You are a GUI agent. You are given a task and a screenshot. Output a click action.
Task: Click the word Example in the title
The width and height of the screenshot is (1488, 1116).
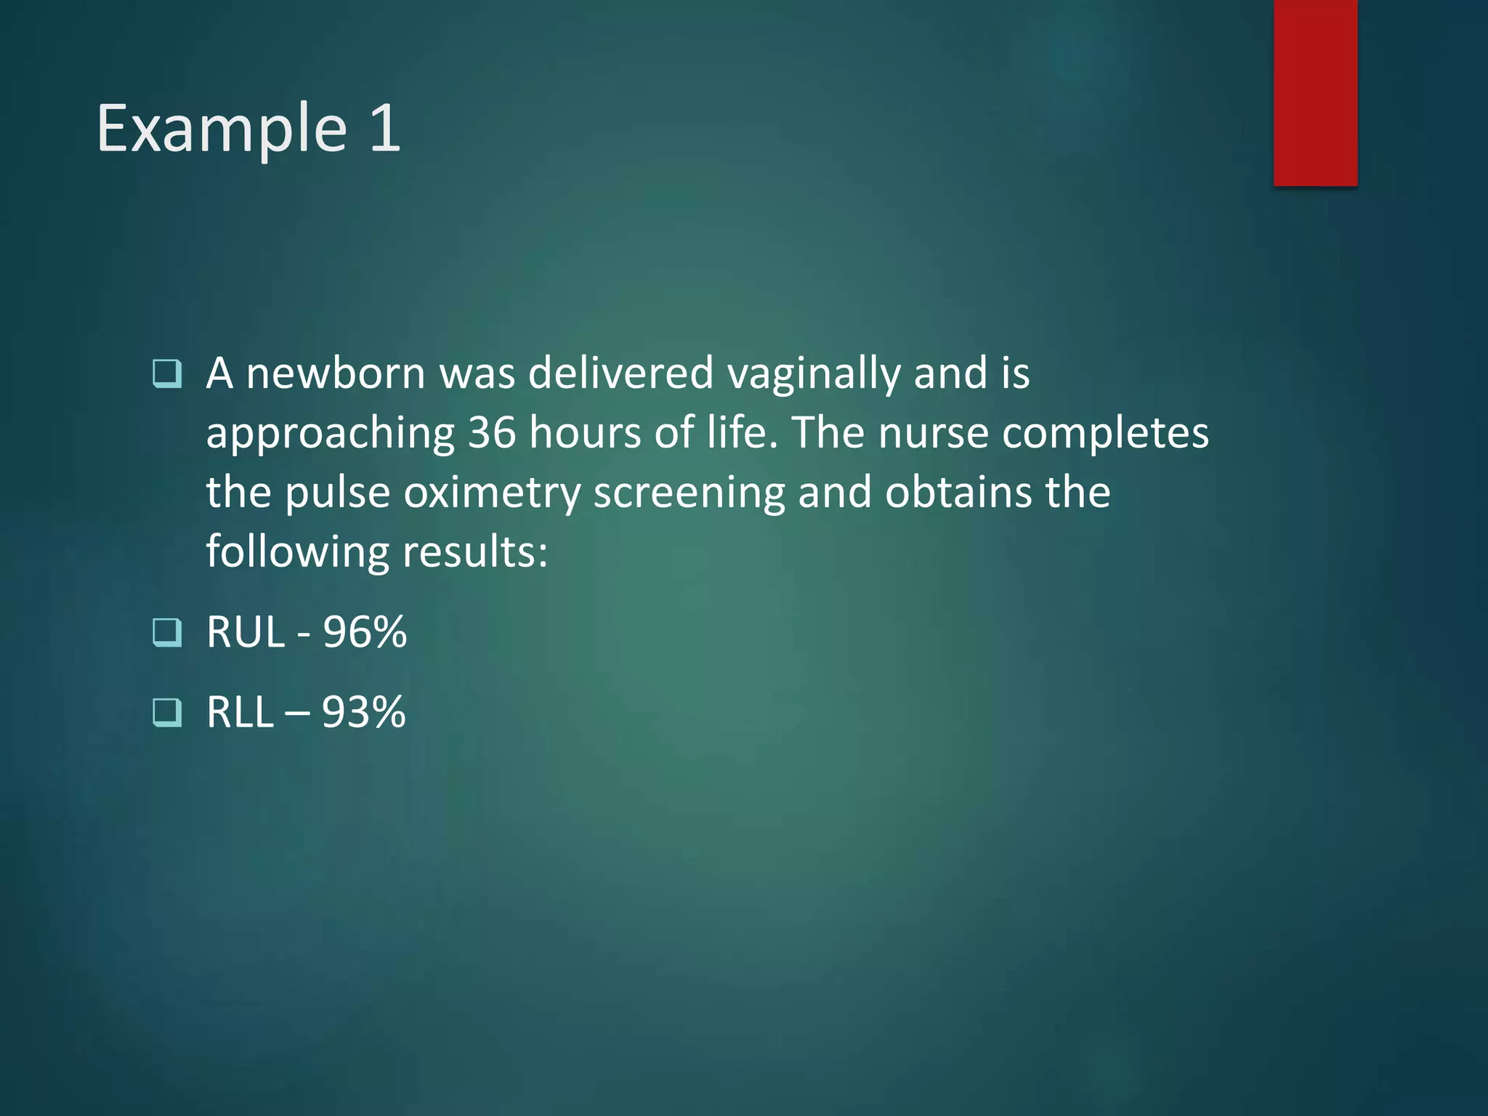click(222, 129)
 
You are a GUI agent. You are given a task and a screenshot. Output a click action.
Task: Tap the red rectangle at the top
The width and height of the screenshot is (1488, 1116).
click(1315, 92)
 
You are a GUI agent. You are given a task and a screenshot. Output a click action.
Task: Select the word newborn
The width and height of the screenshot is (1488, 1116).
click(335, 373)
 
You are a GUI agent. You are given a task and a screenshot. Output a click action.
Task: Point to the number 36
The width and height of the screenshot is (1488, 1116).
click(492, 433)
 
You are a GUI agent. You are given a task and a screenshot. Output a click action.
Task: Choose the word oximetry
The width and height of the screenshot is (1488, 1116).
click(492, 493)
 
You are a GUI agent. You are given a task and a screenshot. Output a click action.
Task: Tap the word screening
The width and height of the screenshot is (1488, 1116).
click(689, 493)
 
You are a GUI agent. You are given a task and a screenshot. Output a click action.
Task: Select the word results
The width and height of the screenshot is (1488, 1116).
click(474, 552)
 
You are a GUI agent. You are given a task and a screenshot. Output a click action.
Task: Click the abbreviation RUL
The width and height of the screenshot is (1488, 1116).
click(246, 632)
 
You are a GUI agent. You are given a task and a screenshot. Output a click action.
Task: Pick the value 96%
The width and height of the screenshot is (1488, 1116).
click(365, 632)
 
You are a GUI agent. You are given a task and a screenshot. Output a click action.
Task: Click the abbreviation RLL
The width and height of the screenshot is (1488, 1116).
click(240, 712)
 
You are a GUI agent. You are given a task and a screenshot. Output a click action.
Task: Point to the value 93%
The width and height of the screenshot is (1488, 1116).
click(364, 712)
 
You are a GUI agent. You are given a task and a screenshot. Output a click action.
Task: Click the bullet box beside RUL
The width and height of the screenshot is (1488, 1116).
click(167, 632)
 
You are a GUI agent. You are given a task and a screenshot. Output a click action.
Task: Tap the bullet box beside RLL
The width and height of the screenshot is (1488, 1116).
click(167, 712)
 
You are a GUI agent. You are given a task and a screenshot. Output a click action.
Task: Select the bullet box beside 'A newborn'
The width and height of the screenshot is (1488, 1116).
click(167, 373)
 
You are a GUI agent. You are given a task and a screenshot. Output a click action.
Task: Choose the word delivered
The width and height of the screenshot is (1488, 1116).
click(620, 373)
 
